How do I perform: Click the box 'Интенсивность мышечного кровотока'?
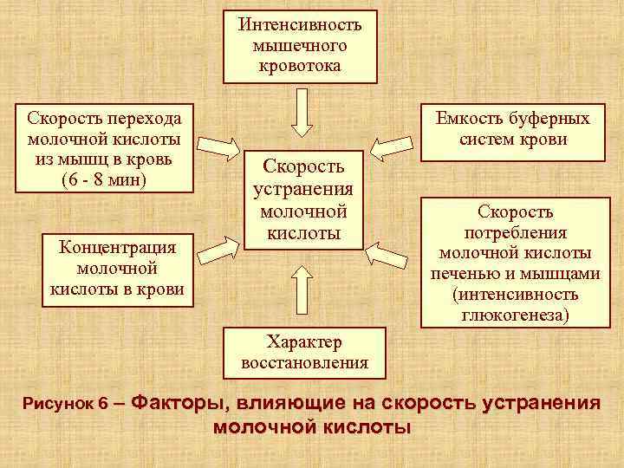pos(300,46)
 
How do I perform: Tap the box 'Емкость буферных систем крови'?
pos(513,130)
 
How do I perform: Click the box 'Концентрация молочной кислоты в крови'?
pos(118,269)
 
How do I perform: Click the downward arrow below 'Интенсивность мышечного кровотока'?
pos(301,112)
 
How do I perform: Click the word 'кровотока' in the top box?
pos(300,65)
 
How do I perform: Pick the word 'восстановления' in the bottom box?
pos(305,363)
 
